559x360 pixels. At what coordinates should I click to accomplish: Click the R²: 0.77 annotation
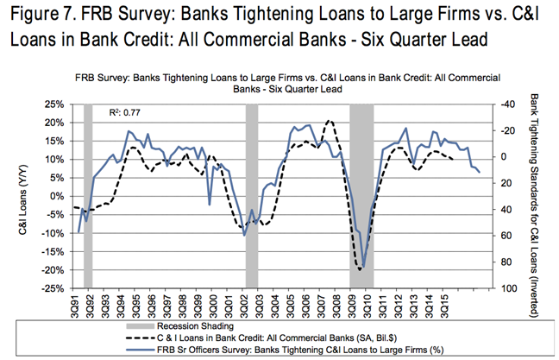(x=126, y=112)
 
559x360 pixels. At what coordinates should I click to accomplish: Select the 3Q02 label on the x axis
(x=249, y=303)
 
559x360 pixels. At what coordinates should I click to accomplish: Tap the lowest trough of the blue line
(x=364, y=268)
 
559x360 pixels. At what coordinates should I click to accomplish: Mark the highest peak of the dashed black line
(x=329, y=121)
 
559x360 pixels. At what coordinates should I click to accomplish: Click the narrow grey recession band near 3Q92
(x=88, y=196)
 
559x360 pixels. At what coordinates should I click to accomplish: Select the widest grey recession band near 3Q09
(x=361, y=196)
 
